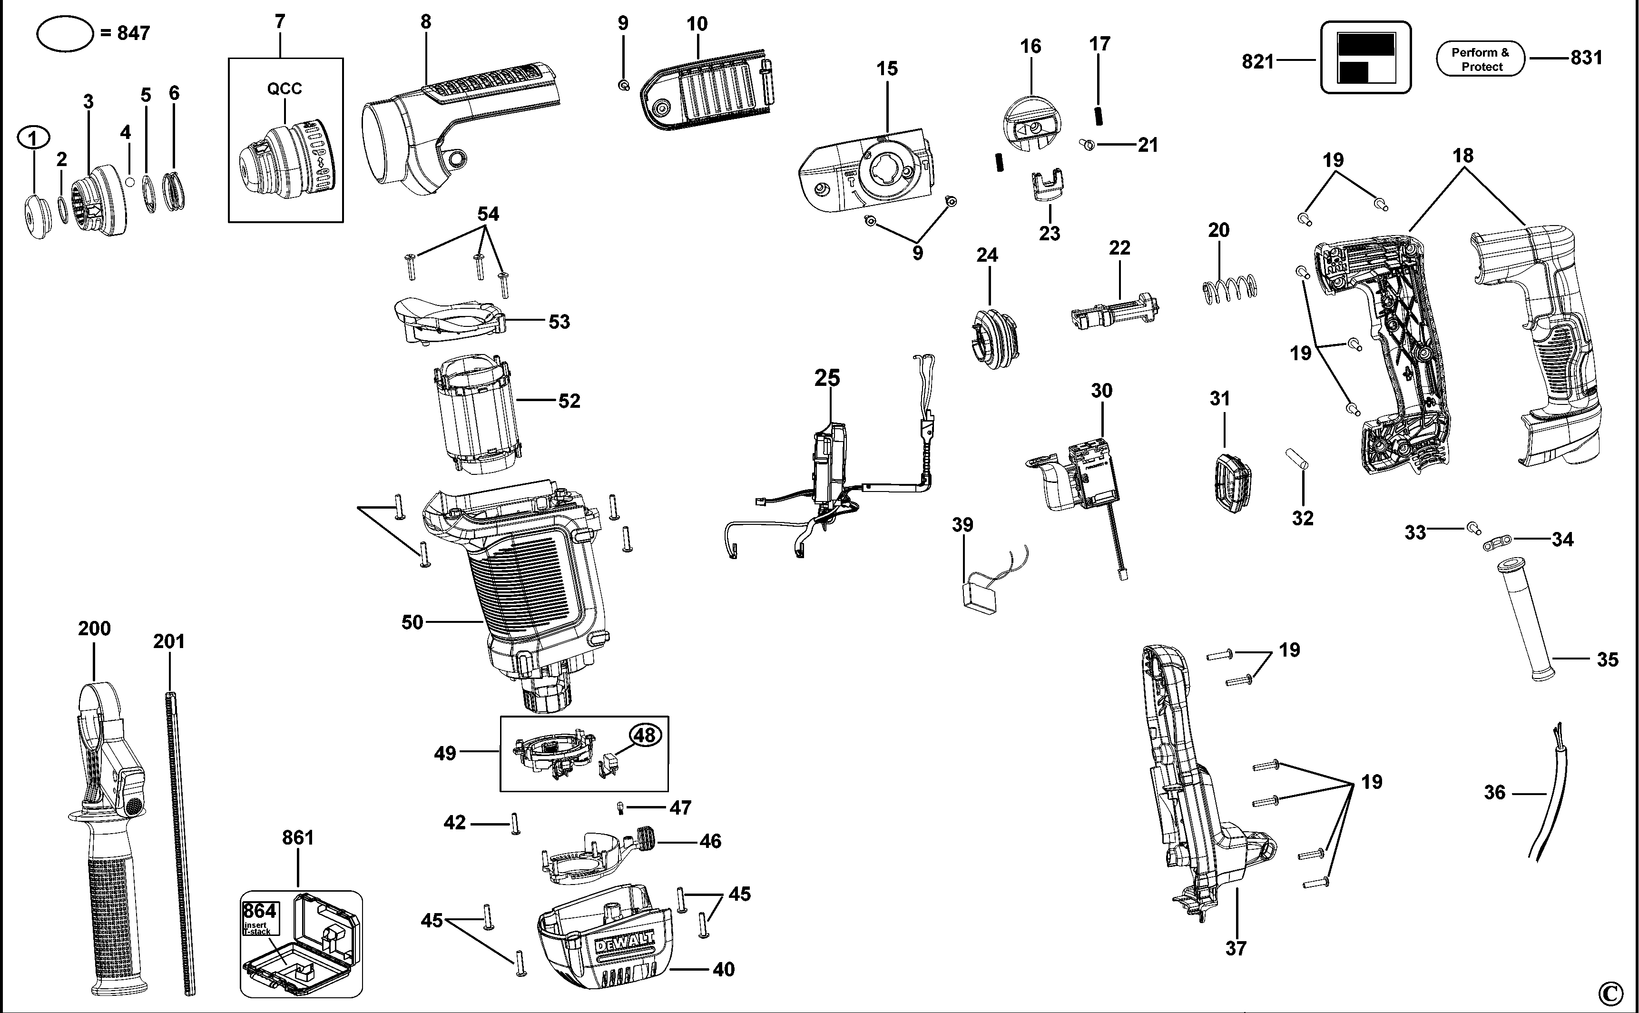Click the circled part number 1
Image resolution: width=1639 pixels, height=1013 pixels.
(33, 138)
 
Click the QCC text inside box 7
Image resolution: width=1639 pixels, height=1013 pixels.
(284, 89)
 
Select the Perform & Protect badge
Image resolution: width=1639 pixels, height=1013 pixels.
(1480, 59)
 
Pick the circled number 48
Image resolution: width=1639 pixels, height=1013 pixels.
(644, 735)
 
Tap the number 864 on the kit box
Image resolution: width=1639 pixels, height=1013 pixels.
(259, 911)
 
